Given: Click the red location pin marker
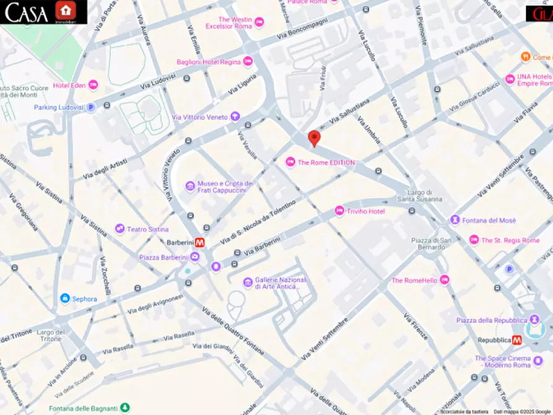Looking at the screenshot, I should click(315, 139).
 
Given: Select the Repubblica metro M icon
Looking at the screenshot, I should click(516, 340).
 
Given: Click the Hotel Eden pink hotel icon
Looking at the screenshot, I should click(93, 85).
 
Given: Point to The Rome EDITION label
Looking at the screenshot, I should click(326, 162).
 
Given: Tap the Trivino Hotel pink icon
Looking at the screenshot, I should click(339, 211).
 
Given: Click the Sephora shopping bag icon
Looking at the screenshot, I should click(64, 299).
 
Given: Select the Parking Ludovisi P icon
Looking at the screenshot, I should click(91, 107).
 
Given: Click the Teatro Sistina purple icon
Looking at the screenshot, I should click(120, 229).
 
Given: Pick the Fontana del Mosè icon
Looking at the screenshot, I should click(455, 221).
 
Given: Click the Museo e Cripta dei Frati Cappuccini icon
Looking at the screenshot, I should click(190, 186).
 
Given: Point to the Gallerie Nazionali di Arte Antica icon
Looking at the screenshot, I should click(248, 282).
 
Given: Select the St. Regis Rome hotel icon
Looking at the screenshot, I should click(474, 240).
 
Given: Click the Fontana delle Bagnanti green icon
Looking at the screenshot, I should click(126, 408).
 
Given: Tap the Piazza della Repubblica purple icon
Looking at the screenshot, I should click(534, 320).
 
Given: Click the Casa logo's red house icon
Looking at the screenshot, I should click(64, 11).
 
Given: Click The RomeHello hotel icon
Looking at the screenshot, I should click(444, 281).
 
